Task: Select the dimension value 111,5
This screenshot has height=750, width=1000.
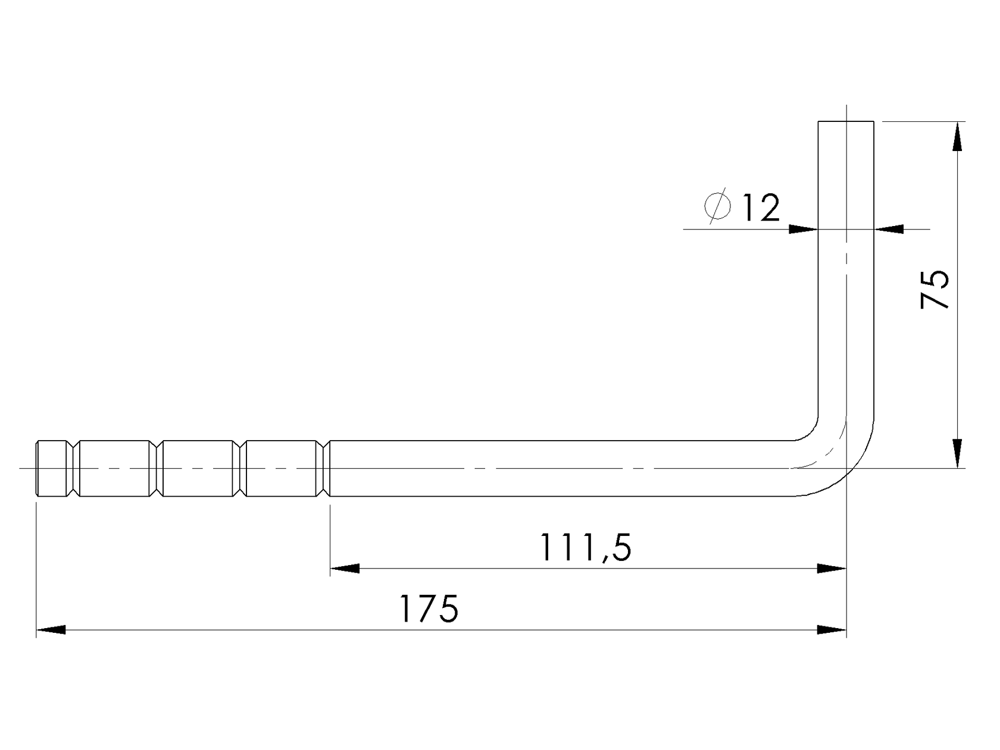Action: (x=585, y=548)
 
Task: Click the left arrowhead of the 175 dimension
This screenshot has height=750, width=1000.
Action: (x=51, y=630)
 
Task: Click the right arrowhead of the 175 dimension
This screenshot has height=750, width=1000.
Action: (x=832, y=630)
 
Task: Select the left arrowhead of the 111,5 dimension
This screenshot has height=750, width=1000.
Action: (x=345, y=569)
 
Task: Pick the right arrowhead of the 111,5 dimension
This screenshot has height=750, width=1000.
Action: (x=832, y=569)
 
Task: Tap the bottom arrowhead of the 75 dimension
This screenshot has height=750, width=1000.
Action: (x=957, y=453)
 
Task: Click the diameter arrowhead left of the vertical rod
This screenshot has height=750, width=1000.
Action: (x=804, y=229)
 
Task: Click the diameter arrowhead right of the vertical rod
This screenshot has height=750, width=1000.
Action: (x=889, y=229)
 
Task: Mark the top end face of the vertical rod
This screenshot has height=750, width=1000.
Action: (x=846, y=122)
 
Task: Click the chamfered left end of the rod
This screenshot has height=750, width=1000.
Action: (x=38, y=468)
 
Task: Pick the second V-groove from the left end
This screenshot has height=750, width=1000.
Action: (x=157, y=468)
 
